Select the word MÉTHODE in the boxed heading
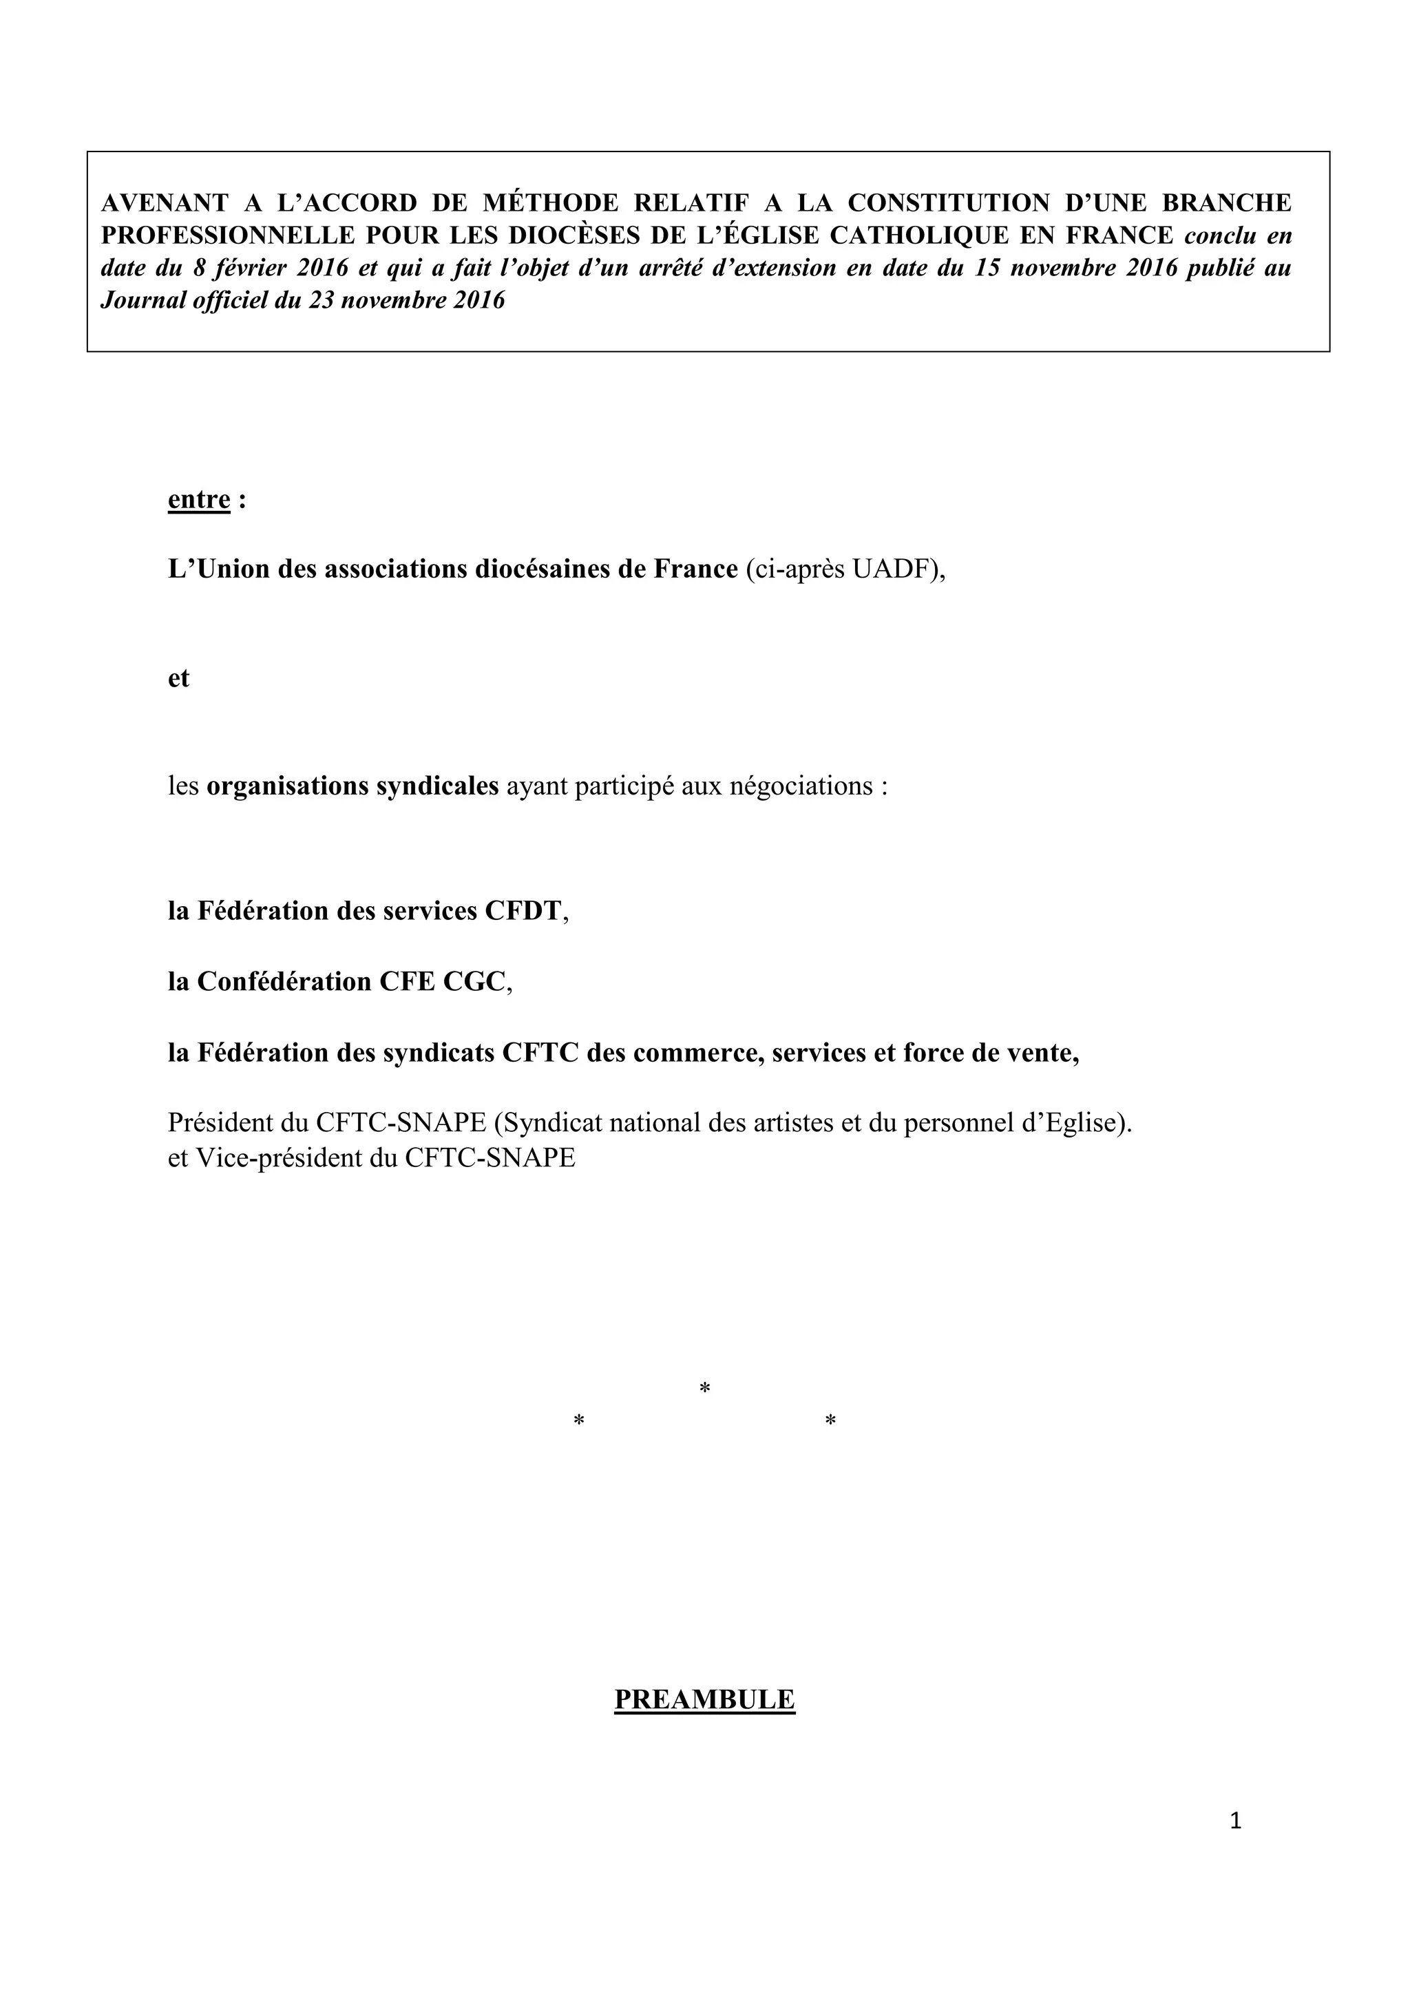point(551,203)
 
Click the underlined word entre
point(199,501)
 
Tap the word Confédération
point(282,981)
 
